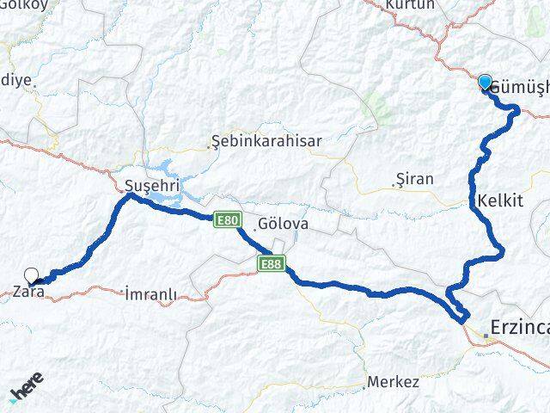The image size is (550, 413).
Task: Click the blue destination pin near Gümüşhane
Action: point(485,82)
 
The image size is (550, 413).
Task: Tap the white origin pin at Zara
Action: point(32,275)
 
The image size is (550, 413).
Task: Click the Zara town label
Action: point(29,293)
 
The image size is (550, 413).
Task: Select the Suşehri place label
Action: point(143,185)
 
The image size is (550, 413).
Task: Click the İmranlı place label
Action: point(151,294)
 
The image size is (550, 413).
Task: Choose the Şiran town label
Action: point(416,179)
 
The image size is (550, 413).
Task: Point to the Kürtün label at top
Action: point(411,6)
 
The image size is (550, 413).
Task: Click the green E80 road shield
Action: point(227,221)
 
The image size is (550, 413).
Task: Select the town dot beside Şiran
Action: point(394,182)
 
